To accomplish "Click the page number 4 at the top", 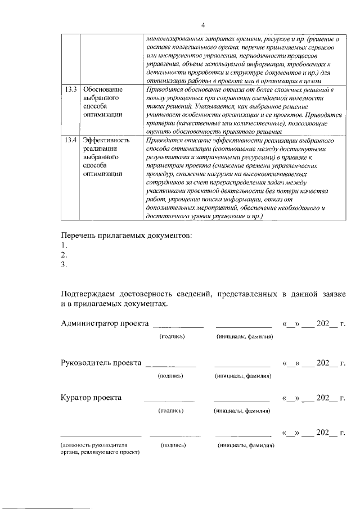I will [203, 24].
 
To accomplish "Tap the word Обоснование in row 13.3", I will [102, 90].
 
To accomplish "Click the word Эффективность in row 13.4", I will [106, 141].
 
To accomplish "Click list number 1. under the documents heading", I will [64, 245].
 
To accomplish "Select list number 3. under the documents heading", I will [64, 265].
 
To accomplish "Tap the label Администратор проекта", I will [105, 323].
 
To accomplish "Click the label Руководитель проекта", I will [101, 363].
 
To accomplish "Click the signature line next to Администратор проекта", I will [178, 326].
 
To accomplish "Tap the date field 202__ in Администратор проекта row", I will [327, 323].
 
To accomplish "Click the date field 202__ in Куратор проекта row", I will [327, 398].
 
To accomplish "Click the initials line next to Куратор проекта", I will [241, 401].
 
